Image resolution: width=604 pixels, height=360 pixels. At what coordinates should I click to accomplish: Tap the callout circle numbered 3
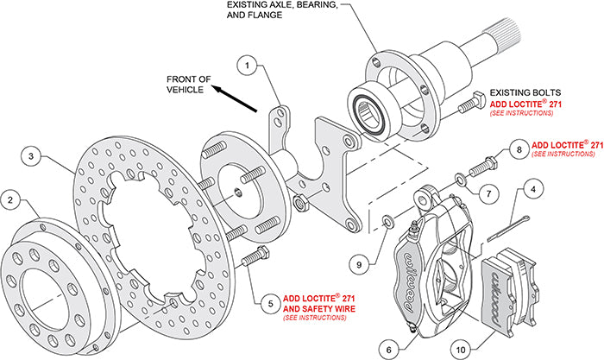[31, 156]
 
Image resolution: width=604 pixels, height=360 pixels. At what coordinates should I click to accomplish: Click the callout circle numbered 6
[389, 347]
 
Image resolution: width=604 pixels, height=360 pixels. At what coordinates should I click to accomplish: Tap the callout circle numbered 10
[462, 347]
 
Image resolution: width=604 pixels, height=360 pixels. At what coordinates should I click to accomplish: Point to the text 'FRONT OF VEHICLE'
[189, 84]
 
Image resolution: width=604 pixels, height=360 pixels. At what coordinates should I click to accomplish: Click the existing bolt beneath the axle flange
[469, 104]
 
